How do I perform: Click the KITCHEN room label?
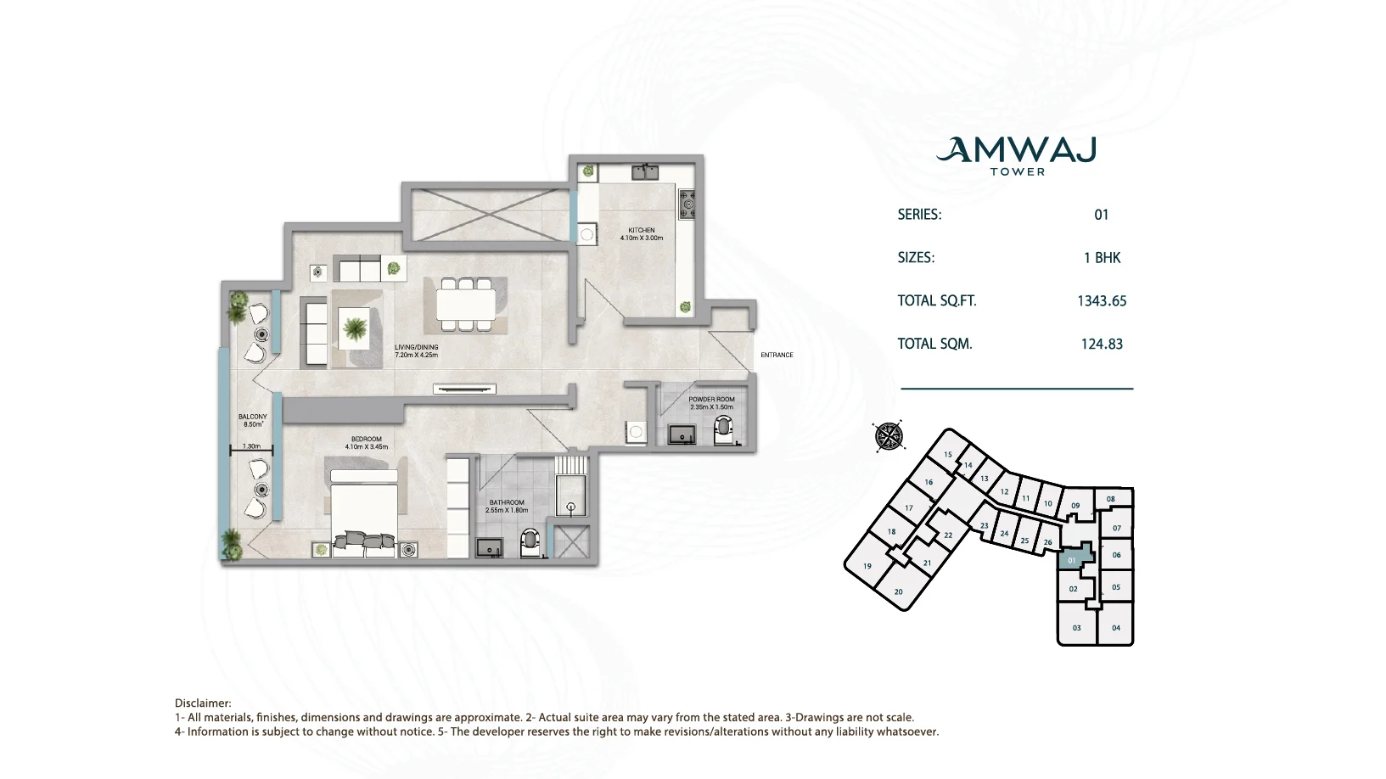[641, 230]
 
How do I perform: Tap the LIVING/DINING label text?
[417, 348]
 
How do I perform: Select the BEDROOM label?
[367, 440]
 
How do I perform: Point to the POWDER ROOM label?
[711, 400]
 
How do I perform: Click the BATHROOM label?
[507, 503]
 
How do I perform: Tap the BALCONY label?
[252, 417]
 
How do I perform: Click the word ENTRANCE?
[777, 356]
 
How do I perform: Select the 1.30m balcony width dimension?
[251, 446]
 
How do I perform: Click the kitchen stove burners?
[687, 204]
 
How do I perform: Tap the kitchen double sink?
[645, 171]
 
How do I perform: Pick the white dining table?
[466, 305]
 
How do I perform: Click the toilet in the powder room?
[723, 430]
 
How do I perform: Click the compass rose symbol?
[889, 436]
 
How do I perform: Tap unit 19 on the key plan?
[867, 566]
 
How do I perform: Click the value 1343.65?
[1102, 301]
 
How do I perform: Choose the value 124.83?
[1102, 345]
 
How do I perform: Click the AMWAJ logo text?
[1017, 149]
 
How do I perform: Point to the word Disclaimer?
[202, 703]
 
